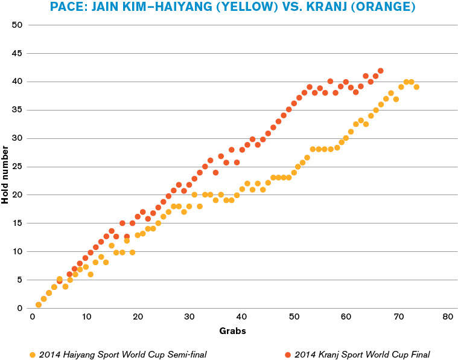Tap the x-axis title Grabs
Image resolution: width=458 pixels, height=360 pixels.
[232, 331]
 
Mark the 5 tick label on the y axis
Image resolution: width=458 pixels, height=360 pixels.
[19, 280]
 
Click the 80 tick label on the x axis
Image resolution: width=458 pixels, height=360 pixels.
[447, 317]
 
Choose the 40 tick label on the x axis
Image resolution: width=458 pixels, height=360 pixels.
[241, 317]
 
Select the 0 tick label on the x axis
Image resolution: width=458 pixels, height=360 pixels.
[33, 317]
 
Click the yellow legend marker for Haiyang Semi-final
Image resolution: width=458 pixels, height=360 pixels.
[33, 354]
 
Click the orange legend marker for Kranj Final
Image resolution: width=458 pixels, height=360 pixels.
[288, 354]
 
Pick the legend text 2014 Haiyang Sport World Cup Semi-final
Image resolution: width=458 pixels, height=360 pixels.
[122, 354]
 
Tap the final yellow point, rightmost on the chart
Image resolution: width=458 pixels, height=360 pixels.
[416, 87]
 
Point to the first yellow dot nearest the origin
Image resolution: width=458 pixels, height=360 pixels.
[39, 304]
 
